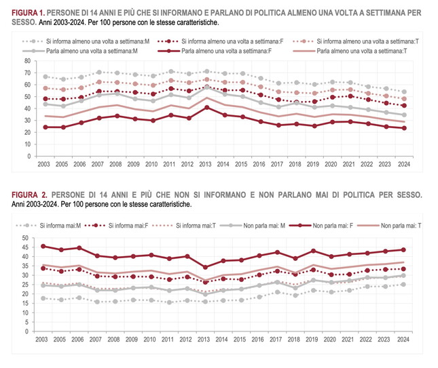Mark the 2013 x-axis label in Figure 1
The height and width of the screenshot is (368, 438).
[204, 163]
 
